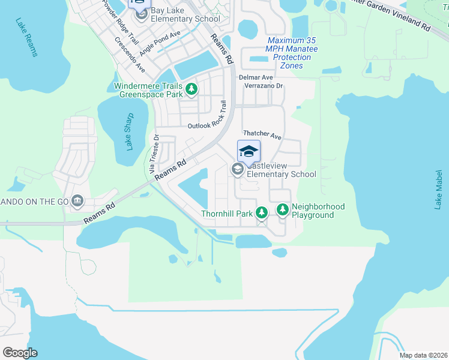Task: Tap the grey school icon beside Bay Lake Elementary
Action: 142,14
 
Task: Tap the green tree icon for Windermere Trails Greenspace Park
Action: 191,90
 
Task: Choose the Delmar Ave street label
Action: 256,77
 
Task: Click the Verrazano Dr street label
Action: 263,86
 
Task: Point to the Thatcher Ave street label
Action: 262,136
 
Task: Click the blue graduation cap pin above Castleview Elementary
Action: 249,151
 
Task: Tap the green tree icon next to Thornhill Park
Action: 261,212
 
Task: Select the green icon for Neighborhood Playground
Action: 283,210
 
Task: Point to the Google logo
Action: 20,353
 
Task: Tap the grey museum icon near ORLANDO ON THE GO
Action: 77,200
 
